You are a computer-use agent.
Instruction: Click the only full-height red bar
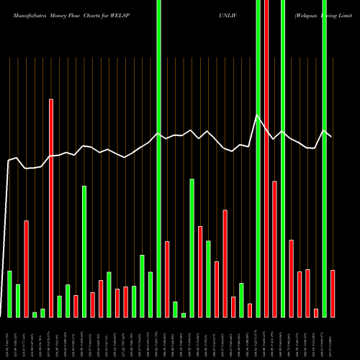pos(266,158)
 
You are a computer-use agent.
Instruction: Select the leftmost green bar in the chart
pos(10,294)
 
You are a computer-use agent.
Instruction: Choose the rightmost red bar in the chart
pos(333,293)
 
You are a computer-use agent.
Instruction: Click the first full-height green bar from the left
pos(159,158)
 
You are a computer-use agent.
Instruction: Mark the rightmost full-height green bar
pos(325,158)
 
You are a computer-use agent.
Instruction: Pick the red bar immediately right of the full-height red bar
pos(275,248)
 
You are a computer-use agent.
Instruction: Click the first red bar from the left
pos(27,268)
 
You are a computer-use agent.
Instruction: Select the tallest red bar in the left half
pos(51,207)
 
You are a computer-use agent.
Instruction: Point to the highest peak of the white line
pos(258,115)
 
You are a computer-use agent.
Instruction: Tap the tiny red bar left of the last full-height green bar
pos(316,312)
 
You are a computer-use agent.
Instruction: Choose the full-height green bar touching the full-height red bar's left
pos(258,158)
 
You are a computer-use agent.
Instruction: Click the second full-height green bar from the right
pos(283,158)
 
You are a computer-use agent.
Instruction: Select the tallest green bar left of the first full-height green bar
pos(84,251)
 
